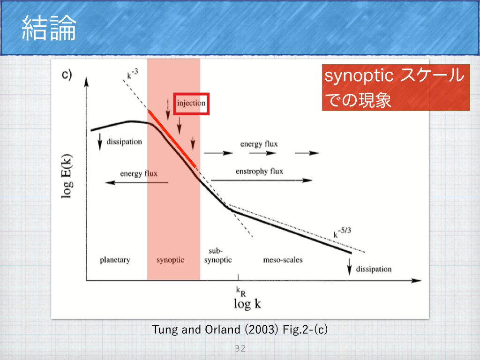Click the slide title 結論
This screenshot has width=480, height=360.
[49, 28]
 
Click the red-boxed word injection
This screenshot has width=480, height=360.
[191, 104]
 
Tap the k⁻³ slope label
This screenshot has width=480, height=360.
[133, 74]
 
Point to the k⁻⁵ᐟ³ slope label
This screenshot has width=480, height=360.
[342, 232]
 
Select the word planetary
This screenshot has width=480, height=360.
[115, 260]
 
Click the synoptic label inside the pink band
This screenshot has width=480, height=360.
[170, 260]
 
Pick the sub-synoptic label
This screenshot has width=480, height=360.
[217, 255]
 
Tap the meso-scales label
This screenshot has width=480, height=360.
[283, 260]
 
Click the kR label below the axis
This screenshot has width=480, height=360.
[240, 292]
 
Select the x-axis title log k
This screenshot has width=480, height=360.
[247, 304]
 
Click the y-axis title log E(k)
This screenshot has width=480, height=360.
[67, 176]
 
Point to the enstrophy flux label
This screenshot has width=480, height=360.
[259, 171]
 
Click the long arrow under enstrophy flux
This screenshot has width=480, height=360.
[262, 180]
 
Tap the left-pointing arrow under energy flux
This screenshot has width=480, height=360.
[136, 182]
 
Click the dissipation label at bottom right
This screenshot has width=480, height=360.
[374, 269]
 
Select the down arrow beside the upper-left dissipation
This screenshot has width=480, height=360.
[100, 142]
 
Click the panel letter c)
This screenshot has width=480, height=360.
[67, 75]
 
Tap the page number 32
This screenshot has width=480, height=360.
[240, 348]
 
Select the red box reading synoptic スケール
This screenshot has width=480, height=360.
[396, 87]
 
